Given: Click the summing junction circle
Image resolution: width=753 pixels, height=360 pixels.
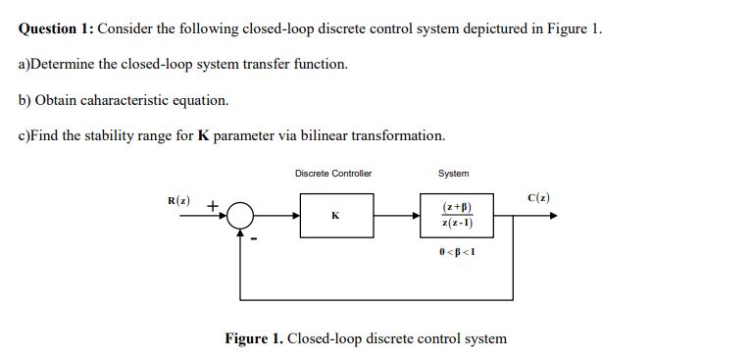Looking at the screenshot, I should click(x=240, y=216).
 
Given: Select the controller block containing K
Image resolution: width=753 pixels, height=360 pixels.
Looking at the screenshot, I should click(x=335, y=215).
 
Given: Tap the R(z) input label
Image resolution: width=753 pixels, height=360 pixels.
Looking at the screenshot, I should click(x=178, y=201).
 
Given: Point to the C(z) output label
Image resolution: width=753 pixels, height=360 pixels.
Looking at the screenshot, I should click(x=538, y=198).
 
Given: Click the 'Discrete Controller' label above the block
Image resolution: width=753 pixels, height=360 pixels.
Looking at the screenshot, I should click(x=333, y=174).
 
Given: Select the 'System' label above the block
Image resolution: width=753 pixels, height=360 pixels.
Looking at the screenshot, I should click(x=453, y=174).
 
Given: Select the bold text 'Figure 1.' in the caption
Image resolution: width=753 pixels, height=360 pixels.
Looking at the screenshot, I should click(x=254, y=338).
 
